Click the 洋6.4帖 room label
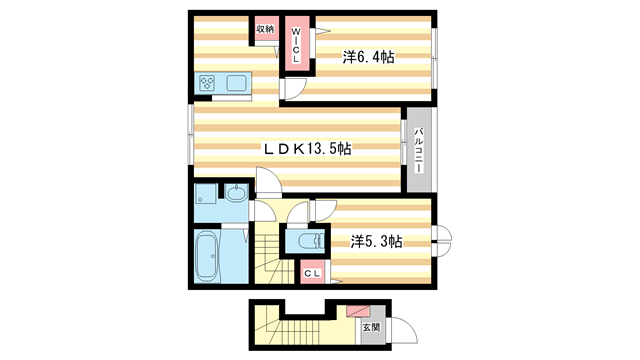coord(368,57)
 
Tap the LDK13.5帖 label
coord(307,149)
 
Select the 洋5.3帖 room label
coord(376,242)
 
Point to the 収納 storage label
coord(265,29)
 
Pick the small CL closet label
coord(312,273)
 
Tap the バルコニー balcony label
coord(419,150)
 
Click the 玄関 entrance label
coord(371,327)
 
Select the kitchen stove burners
coord(207,84)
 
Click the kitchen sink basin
coord(236,83)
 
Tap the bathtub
coord(207,256)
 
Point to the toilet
coord(311,241)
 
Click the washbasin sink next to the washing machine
coord(236,192)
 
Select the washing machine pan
coord(206,193)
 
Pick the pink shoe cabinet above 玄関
coord(358,311)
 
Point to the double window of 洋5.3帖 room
coord(442,241)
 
